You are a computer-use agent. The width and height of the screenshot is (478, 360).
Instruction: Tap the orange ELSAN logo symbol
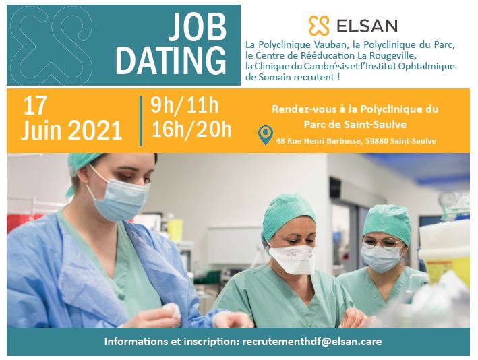[x=318, y=26]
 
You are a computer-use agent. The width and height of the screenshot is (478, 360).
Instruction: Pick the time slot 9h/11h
[x=184, y=106]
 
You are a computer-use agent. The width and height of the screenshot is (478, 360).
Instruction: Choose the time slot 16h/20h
[x=191, y=129]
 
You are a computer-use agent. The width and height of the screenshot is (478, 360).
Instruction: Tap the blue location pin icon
[x=266, y=136]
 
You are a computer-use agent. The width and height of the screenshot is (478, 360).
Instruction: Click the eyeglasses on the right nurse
[x=381, y=241]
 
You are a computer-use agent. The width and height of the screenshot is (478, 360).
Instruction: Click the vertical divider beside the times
[x=141, y=120]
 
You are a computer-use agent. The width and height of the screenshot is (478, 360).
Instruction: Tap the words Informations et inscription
[x=171, y=342]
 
